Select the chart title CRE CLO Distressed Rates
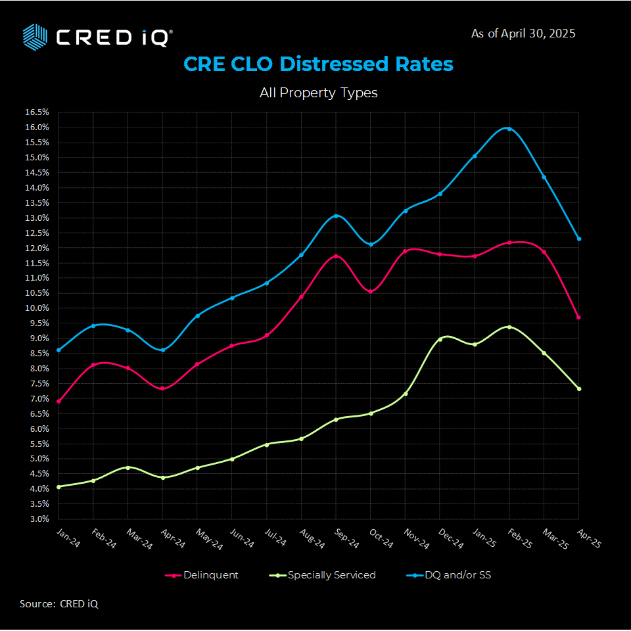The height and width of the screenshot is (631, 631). click(318, 64)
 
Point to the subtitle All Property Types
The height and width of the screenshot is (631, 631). click(318, 93)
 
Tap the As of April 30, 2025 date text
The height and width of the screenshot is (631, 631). click(523, 33)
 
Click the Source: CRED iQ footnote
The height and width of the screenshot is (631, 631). click(58, 603)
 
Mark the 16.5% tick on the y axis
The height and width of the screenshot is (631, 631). click(37, 112)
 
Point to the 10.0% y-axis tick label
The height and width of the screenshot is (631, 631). click(37, 308)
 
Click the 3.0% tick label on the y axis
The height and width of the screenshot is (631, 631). click(37, 519)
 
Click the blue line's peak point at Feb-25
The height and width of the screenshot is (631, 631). click(509, 129)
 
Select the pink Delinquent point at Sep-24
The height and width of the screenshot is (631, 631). click(336, 256)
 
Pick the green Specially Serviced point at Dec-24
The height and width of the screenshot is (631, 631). click(440, 339)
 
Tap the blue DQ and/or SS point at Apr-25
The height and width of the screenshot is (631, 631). click(578, 239)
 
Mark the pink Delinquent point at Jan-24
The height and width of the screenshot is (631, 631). click(58, 401)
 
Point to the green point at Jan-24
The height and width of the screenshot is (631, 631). click(58, 487)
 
